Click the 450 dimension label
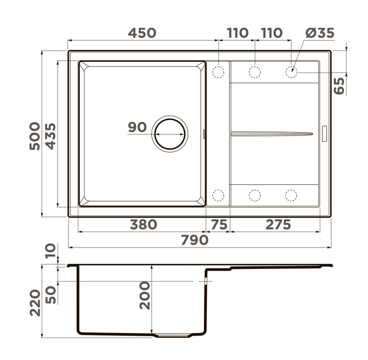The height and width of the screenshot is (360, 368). click(142, 33)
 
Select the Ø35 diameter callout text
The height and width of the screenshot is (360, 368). click(320, 33)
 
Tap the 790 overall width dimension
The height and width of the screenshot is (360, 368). click(195, 240)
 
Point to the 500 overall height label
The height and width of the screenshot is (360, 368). click(35, 136)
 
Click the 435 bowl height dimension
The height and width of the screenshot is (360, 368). click(50, 136)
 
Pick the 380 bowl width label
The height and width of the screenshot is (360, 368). click(144, 225)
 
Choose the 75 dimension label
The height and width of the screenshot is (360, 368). click(219, 225)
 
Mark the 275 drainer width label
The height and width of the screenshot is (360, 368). click(278, 225)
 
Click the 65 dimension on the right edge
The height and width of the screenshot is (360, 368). click(339, 86)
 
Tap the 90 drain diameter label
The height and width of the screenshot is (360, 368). click(137, 127)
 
